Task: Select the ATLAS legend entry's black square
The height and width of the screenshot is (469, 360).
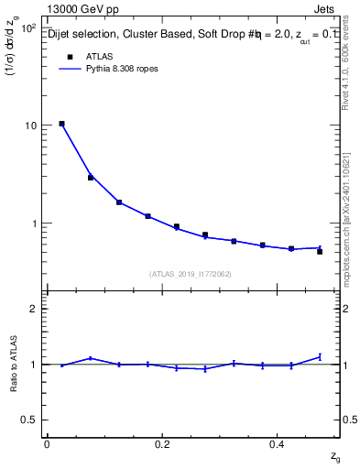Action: [x=68, y=57]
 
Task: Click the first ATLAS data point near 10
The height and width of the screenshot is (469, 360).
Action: [x=61, y=124]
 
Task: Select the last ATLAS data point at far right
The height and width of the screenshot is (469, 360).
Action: [x=320, y=251]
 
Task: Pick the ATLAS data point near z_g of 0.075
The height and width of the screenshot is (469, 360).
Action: [x=91, y=177]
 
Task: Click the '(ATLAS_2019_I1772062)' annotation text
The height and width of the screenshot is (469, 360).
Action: [x=190, y=274]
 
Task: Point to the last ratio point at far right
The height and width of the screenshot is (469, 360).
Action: [x=320, y=356]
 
